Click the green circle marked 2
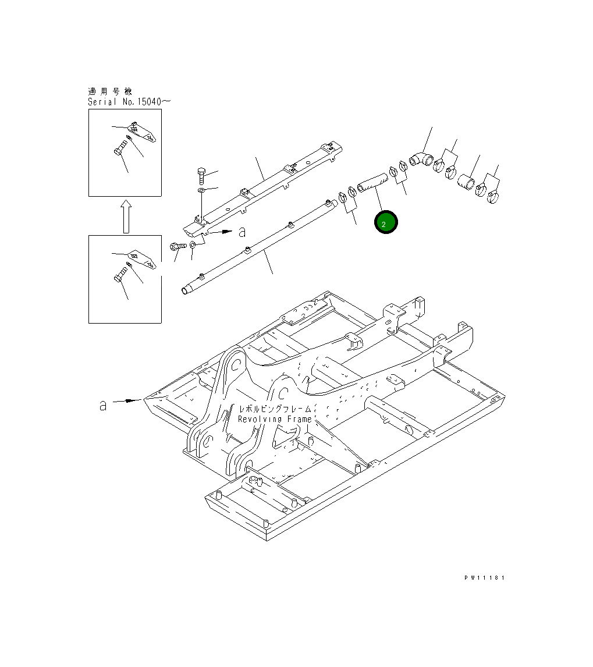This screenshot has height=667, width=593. coord(386,222)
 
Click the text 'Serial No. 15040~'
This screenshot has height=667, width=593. coord(129,101)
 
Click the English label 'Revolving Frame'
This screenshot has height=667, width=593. coord(275,419)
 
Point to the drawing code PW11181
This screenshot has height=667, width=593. coord(484,578)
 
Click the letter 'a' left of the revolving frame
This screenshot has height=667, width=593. coord(103,405)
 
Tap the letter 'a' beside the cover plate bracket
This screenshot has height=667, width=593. coord(242,232)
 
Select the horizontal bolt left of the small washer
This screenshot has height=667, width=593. coord(177,247)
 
